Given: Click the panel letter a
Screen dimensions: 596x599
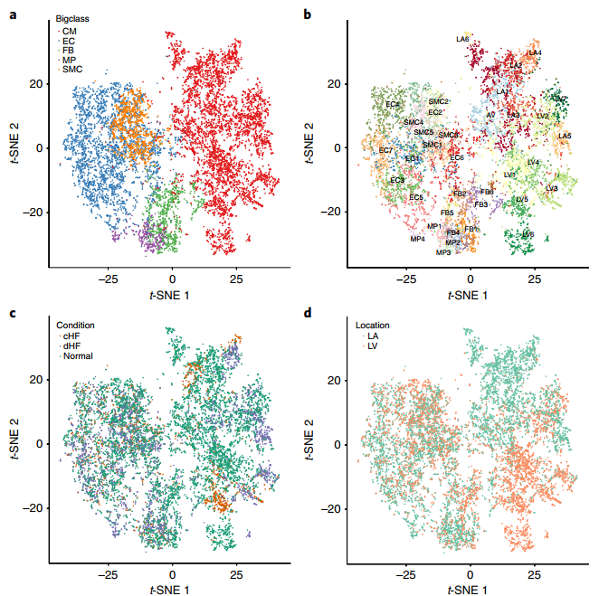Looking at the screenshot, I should [12, 14].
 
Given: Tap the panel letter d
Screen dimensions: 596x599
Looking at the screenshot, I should [309, 313].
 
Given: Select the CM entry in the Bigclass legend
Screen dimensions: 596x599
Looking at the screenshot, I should [69, 32].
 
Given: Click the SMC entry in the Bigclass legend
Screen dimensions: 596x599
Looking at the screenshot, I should [72, 69].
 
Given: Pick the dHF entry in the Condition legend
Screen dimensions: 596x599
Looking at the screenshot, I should [71, 345].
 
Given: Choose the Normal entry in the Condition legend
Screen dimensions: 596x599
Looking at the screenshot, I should [76, 355].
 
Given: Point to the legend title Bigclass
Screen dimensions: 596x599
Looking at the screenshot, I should [75, 19].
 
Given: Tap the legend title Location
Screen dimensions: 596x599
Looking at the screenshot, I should [374, 324].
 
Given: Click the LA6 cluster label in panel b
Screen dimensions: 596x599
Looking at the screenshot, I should [462, 39].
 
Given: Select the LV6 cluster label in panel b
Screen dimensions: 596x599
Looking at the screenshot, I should [528, 234].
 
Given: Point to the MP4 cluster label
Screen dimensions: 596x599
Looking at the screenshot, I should [417, 239].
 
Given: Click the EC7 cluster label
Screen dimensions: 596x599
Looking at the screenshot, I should [386, 150].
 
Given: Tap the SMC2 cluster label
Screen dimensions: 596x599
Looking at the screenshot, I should [438, 101].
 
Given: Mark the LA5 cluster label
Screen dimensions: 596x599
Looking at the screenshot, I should [565, 136].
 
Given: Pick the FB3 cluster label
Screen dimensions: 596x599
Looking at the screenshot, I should [481, 204].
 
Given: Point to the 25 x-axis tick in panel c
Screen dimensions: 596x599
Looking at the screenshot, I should [238, 574].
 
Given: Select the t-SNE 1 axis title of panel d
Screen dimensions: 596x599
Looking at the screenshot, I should [470, 589].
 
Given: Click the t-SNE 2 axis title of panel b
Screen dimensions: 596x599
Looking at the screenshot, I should [313, 147].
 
